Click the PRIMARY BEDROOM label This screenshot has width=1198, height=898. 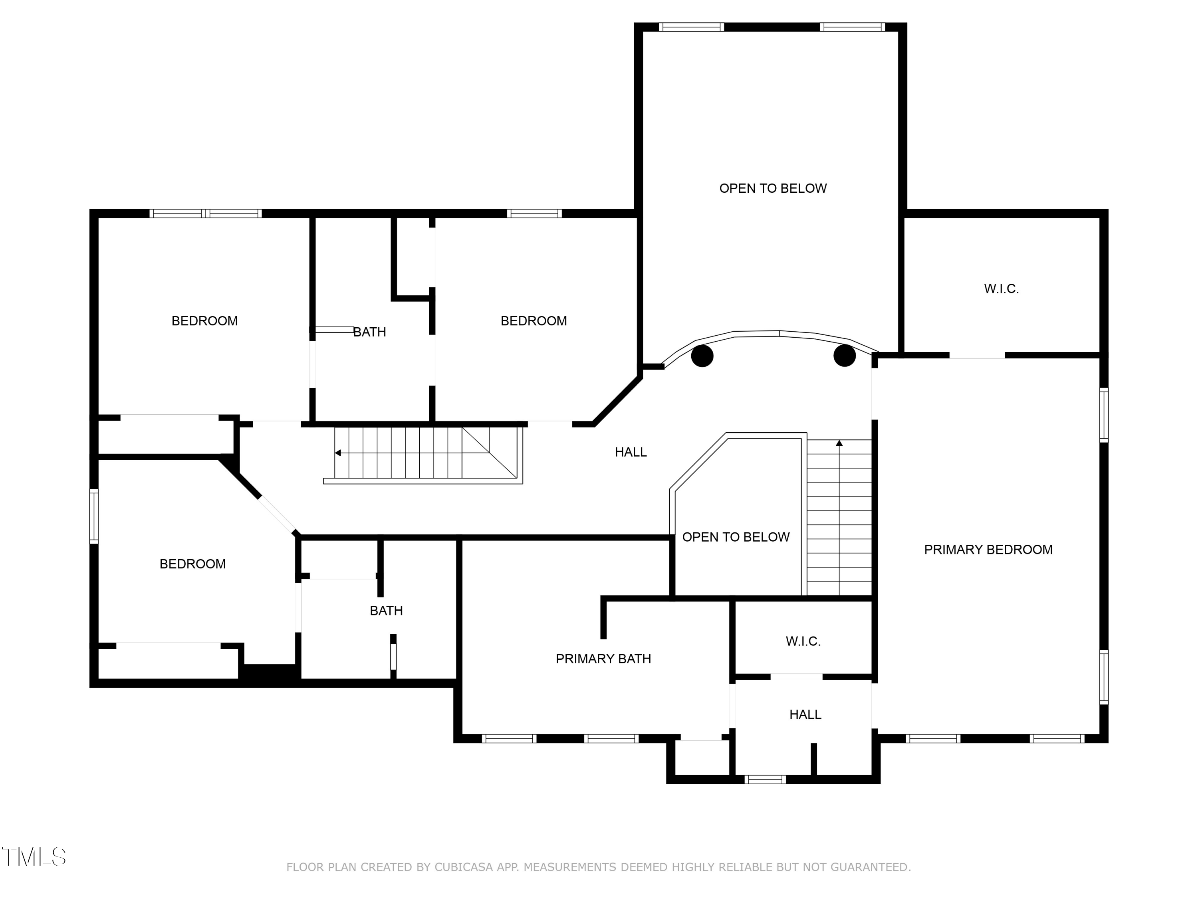click(988, 550)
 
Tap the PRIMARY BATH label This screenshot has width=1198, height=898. click(603, 659)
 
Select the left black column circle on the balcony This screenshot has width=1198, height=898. click(702, 356)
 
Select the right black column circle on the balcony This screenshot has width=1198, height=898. click(844, 356)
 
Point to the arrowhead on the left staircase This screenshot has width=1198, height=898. click(338, 453)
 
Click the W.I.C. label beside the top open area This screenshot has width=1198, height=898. click(1002, 289)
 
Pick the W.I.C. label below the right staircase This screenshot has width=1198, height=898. click(803, 641)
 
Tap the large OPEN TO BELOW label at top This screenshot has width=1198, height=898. click(773, 188)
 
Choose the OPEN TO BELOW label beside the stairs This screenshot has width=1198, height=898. click(736, 537)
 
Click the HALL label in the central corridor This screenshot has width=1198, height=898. click(631, 452)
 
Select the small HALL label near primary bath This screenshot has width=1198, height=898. click(805, 714)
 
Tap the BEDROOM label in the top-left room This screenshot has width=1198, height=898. click(205, 321)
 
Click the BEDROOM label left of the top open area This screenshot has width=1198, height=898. click(534, 321)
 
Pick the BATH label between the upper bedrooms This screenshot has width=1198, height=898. click(369, 332)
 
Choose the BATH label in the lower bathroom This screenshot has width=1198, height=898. click(386, 611)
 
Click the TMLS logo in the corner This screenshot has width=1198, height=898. click(34, 857)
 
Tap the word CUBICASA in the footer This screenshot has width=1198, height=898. click(464, 867)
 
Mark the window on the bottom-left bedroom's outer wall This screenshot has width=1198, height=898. click(94, 516)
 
